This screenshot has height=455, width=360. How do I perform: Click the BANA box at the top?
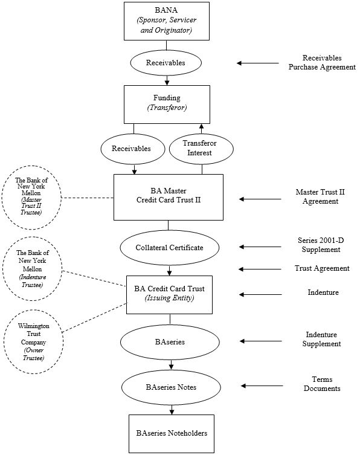point(167,21)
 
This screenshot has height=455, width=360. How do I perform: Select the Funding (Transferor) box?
point(167,104)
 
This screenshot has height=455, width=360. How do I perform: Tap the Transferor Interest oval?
point(201,148)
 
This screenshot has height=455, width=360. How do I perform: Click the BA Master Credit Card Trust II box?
point(169,197)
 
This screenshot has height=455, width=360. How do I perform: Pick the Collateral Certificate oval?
point(169,248)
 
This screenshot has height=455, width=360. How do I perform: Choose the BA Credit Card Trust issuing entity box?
point(169,294)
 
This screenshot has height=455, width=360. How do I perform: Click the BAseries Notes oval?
point(171,387)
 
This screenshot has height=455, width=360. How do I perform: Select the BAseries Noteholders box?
point(172,433)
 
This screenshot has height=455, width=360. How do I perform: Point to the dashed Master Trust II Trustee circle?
point(31,198)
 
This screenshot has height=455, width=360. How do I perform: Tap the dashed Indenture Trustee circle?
point(33,269)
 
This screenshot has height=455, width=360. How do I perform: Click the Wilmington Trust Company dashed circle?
point(33,341)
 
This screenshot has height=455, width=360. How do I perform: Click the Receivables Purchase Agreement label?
point(322,62)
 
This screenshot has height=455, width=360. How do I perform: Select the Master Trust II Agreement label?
point(320,196)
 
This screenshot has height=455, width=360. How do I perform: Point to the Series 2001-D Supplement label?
point(321,245)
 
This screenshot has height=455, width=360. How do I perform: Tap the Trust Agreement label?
point(322,268)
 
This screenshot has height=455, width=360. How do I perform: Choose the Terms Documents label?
point(322,384)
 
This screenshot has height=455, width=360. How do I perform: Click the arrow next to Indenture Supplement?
point(260,341)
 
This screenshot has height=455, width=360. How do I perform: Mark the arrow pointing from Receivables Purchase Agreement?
point(257,63)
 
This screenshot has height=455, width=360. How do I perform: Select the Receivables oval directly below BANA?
point(166,63)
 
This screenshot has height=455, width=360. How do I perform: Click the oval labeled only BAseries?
point(170,342)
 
